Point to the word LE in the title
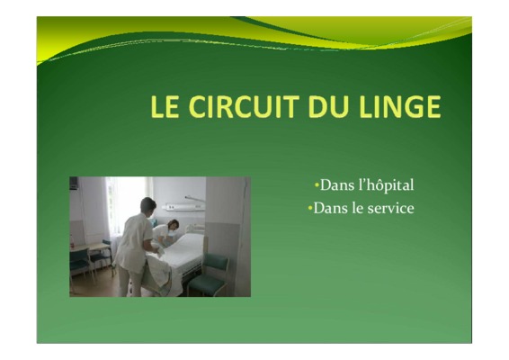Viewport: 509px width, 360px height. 165,106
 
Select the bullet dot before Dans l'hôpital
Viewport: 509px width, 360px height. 317,185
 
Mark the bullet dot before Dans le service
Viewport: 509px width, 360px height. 310,208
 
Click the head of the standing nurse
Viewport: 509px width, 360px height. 148,206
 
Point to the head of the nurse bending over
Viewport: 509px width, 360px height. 173,224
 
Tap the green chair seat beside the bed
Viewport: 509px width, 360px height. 208,282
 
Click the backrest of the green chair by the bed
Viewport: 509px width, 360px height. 216,261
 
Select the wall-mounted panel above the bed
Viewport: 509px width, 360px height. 185,207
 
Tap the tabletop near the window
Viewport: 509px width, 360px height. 90,247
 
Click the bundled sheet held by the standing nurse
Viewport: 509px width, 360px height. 158,273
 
